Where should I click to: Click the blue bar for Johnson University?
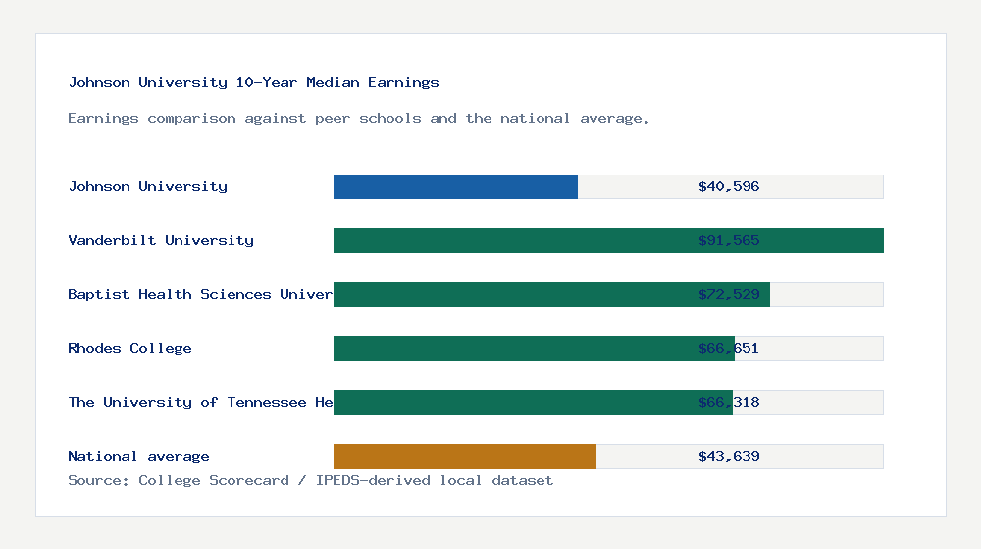click(455, 186)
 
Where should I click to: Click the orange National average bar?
click(465, 456)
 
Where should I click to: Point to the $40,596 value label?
click(729, 186)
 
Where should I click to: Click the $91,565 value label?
click(729, 240)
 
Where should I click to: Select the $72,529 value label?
click(729, 294)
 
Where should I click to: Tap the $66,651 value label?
click(729, 348)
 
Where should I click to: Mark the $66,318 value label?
click(729, 402)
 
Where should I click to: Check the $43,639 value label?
click(729, 456)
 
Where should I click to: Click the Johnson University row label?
click(147, 186)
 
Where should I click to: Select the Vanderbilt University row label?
click(161, 240)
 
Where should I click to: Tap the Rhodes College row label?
click(129, 348)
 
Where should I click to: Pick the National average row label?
click(138, 456)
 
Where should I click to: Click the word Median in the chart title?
click(333, 82)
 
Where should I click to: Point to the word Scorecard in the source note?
click(249, 480)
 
